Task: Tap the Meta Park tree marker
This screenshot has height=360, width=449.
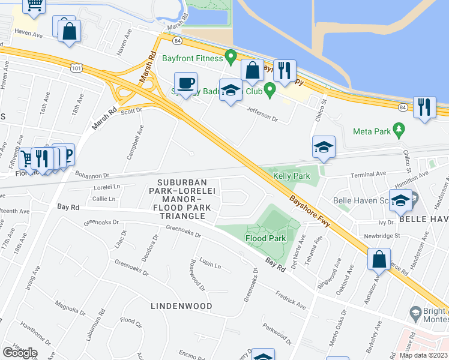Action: (x=397, y=130)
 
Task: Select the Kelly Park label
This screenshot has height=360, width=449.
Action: (x=291, y=176)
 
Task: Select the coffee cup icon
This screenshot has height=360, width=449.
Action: (x=185, y=83)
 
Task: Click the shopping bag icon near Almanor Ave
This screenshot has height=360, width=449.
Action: (x=379, y=260)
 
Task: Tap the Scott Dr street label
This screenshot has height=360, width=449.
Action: (x=131, y=110)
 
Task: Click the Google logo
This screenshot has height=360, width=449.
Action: (x=20, y=353)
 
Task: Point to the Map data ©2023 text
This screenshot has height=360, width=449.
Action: (x=424, y=355)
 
